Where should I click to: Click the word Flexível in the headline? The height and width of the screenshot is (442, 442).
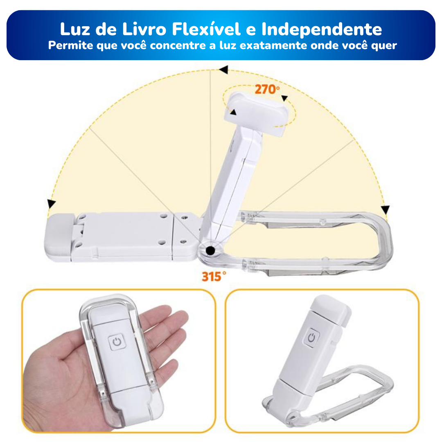coord(207,29)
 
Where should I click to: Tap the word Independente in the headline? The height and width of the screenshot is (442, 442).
coord(322,29)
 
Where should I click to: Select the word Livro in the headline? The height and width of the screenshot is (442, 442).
coord(144,29)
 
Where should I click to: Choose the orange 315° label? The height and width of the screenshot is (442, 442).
coord(214,277)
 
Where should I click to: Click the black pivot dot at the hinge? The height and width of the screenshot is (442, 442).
coord(210,250)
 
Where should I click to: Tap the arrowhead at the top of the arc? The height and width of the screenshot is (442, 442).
coord(224,70)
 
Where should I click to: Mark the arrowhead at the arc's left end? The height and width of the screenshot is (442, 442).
coord(51,203)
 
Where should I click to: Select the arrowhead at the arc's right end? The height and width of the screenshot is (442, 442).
coord(386,210)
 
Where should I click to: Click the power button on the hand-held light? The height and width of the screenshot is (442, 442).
coord(117,342)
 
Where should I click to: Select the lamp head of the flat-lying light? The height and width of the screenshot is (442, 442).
coord(58,237)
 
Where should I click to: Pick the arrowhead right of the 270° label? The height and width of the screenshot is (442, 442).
coord(284,98)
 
